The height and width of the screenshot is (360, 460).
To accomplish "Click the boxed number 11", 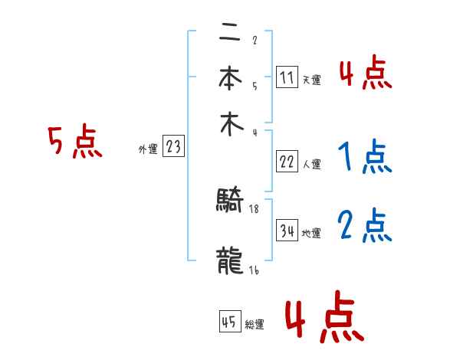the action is coord(287,77).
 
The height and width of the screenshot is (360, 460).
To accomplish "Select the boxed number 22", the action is coord(287,162).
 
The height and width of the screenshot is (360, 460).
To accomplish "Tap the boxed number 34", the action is coord(287,231).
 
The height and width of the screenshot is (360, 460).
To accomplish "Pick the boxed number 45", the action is coord(229,322).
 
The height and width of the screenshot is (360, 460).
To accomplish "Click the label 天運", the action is coord(311,80).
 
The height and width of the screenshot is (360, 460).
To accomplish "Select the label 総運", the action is coord(255,325).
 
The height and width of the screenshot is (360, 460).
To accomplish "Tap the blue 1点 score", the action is coord(364,157).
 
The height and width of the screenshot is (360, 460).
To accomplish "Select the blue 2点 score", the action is coord(364,226).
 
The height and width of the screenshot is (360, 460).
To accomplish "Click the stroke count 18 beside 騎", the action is coord(255,208).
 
